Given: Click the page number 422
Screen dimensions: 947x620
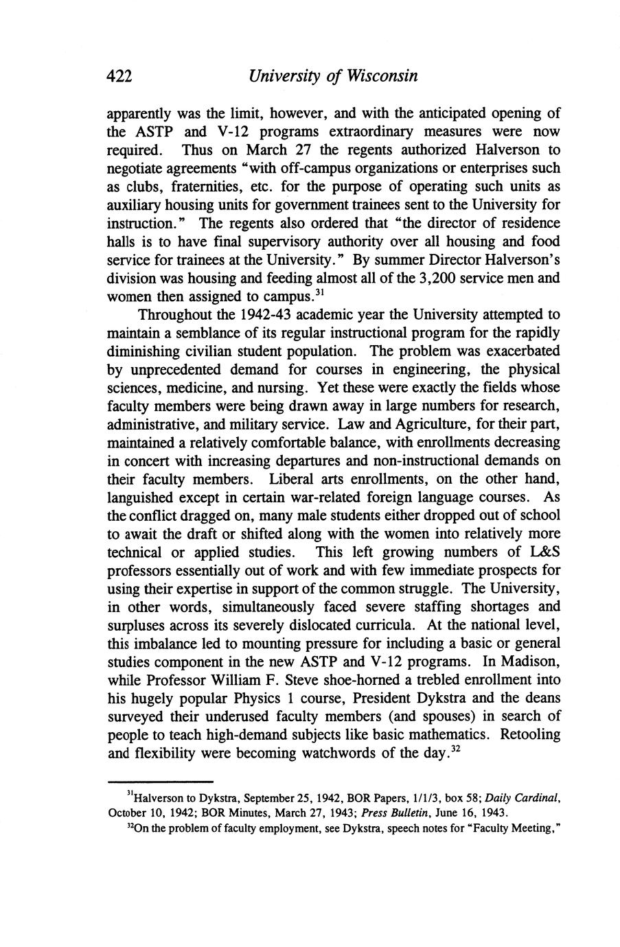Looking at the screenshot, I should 119,76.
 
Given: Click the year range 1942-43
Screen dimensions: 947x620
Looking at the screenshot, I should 250,315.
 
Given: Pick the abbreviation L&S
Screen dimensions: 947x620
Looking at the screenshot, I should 543,552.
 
